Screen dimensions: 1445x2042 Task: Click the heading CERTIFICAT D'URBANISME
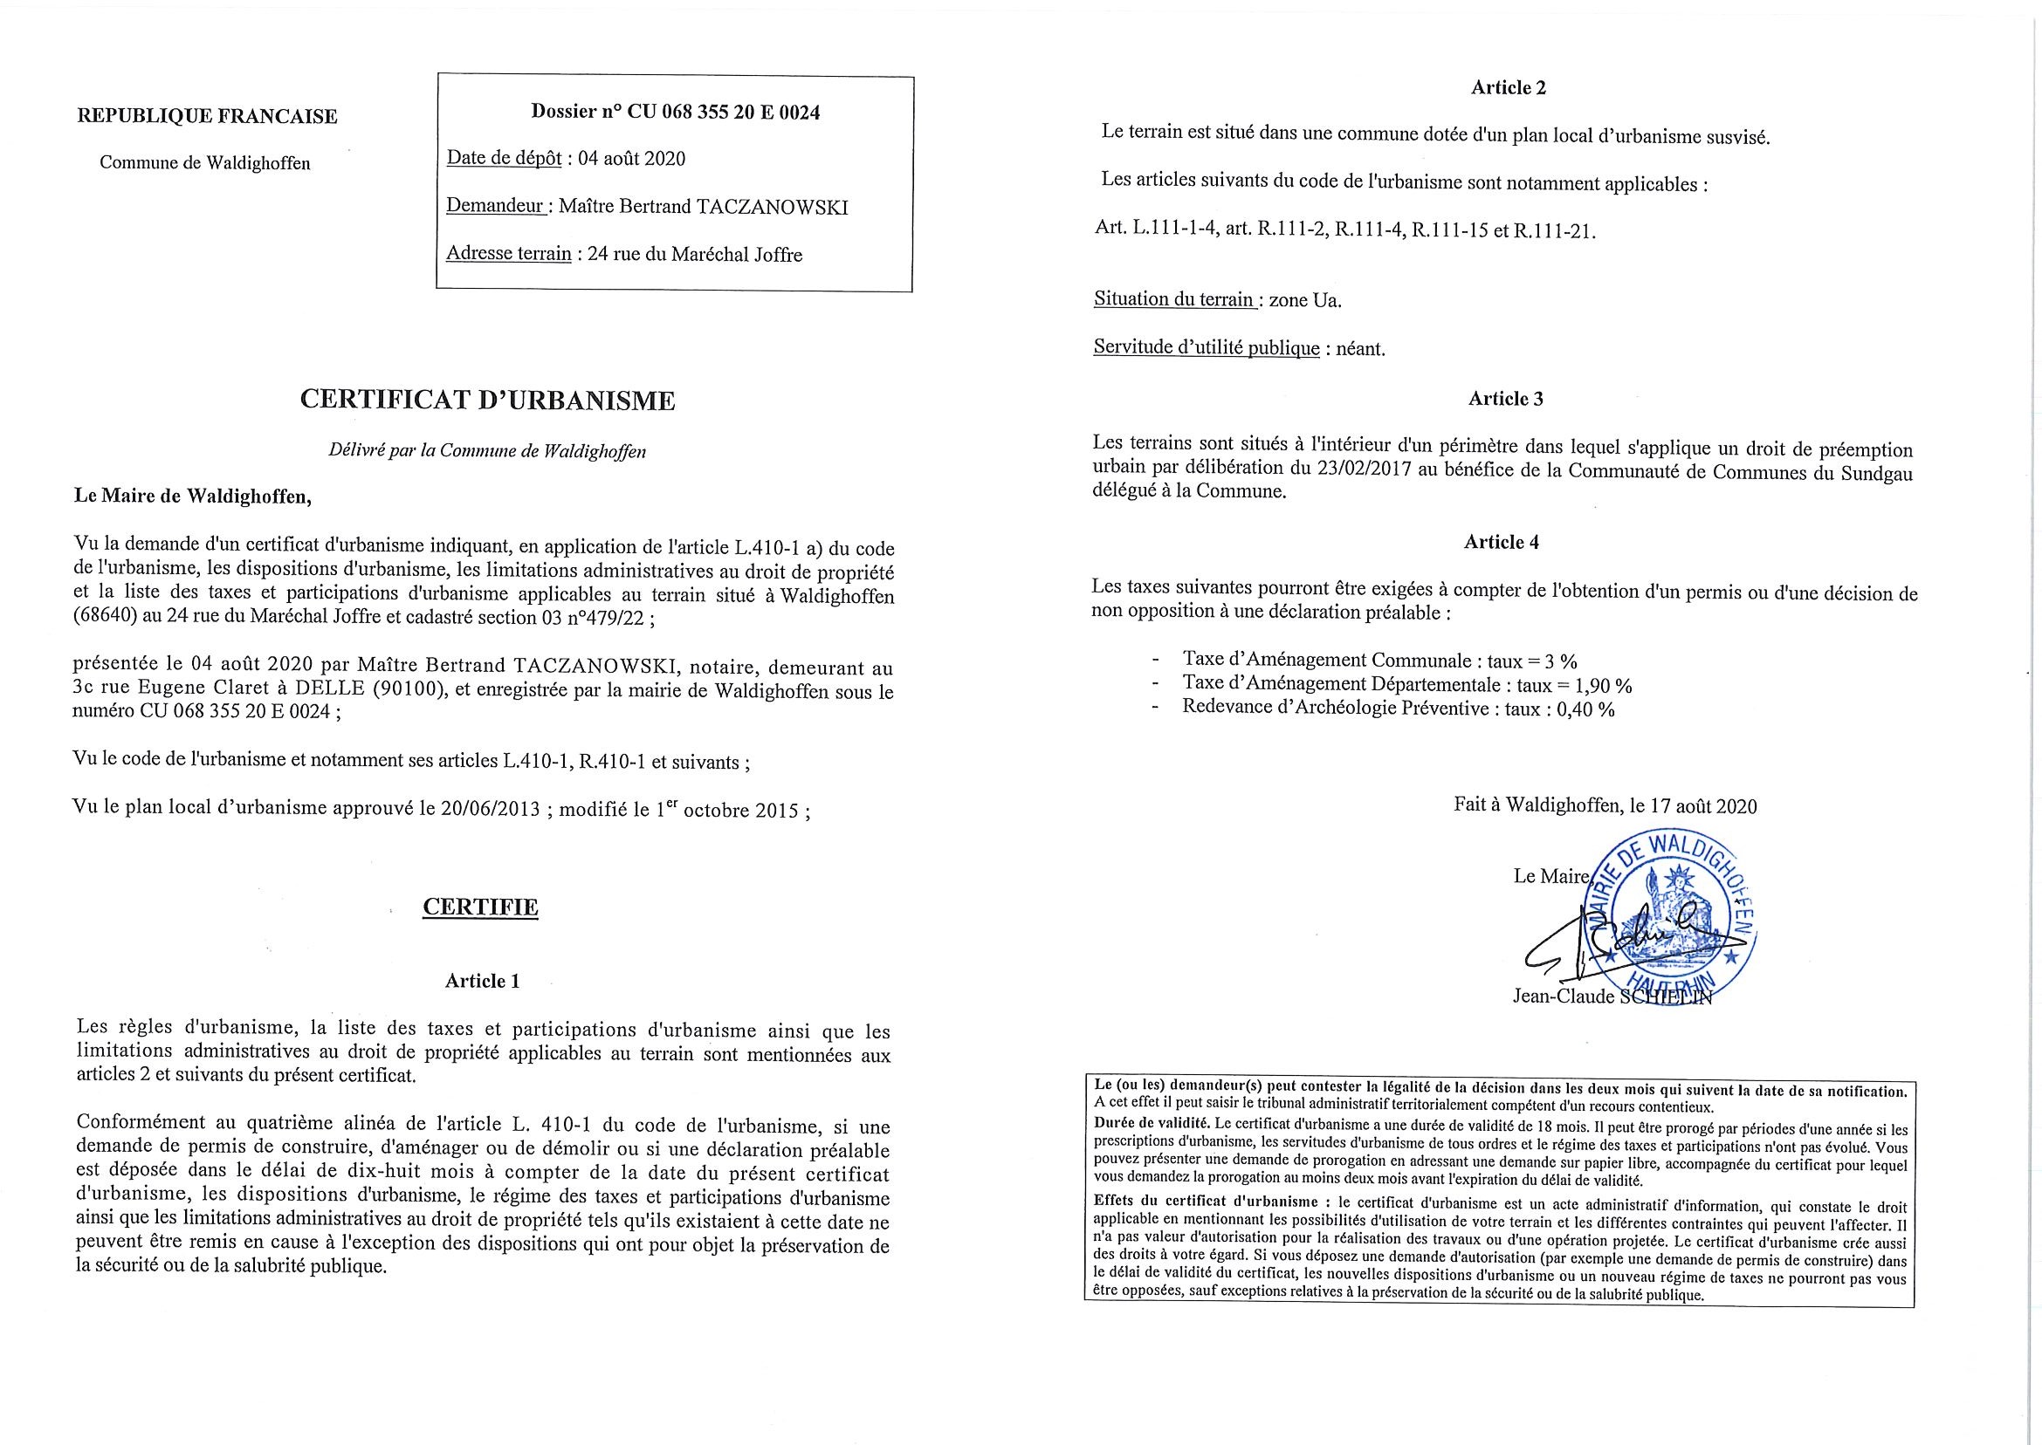point(487,401)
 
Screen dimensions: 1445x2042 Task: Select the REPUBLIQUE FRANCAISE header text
point(208,117)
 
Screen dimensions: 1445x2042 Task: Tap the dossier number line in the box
point(675,112)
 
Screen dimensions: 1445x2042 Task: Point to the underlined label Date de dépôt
point(504,159)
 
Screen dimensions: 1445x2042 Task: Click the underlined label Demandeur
point(497,207)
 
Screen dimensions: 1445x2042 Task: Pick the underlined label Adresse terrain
point(508,255)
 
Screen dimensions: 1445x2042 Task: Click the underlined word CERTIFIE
point(480,907)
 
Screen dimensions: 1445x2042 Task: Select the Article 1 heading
point(482,981)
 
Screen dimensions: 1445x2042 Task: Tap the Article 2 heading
point(1508,87)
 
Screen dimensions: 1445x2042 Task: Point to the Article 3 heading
point(1505,399)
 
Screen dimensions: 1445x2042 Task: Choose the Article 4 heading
point(1501,542)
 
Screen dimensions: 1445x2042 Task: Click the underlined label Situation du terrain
point(1174,300)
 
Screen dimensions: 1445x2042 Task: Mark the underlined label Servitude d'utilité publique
point(1207,348)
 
